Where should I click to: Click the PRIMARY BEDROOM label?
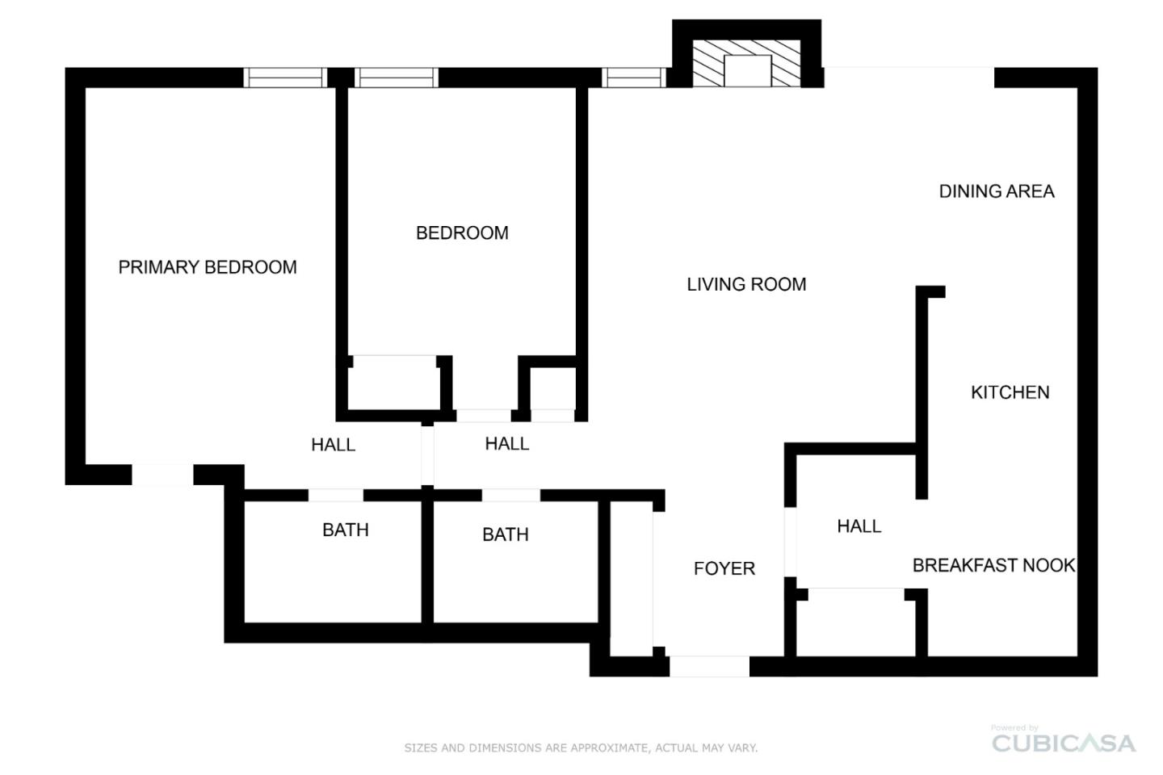208,267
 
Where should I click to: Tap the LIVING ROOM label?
746,284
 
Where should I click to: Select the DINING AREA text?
997,191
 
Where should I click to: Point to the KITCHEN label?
1010,392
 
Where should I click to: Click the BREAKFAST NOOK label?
993,565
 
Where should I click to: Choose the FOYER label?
724,568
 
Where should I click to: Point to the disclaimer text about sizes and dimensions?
581,748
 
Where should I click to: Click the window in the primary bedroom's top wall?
285,77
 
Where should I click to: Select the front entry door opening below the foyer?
709,667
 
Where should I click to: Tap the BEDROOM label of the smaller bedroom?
462,233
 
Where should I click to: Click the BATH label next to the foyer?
506,534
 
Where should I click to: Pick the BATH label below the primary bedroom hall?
346,530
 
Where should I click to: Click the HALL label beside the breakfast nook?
859,526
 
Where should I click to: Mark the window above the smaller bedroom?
396,77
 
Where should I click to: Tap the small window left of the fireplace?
634,77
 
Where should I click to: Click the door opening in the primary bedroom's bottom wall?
163,475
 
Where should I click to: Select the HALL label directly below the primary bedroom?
334,445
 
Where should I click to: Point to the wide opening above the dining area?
909,77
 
